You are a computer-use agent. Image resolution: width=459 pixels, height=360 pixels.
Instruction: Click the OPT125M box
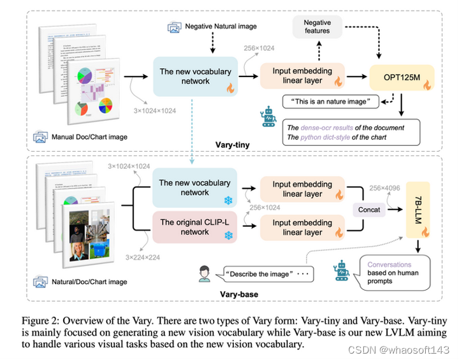pyautogui.click(x=401, y=76)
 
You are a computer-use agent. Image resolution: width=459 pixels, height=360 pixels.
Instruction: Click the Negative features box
pyautogui.click(x=317, y=27)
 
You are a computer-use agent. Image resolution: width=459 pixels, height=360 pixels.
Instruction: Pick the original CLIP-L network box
pyautogui.click(x=194, y=227)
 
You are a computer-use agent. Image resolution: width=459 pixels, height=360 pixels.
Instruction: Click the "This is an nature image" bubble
pyautogui.click(x=331, y=101)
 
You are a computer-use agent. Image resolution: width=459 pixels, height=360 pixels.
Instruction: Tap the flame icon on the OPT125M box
pyautogui.click(x=426, y=83)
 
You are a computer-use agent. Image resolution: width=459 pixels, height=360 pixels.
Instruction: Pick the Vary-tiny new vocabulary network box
pyautogui.click(x=194, y=76)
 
